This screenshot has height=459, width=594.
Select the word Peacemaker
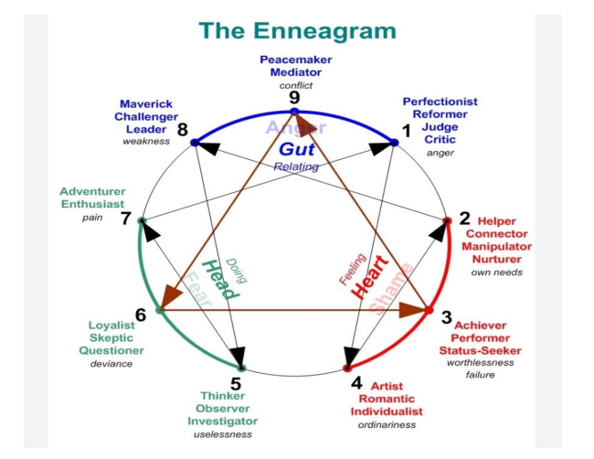[295, 59]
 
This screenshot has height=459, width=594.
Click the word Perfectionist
[440, 101]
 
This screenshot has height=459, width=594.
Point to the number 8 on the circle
[183, 129]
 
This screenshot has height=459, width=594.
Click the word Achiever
[481, 325]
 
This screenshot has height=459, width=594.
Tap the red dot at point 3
[428, 311]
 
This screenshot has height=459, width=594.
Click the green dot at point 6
[161, 311]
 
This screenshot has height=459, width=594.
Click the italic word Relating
[294, 166]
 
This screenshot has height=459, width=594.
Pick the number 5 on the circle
[236, 383]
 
